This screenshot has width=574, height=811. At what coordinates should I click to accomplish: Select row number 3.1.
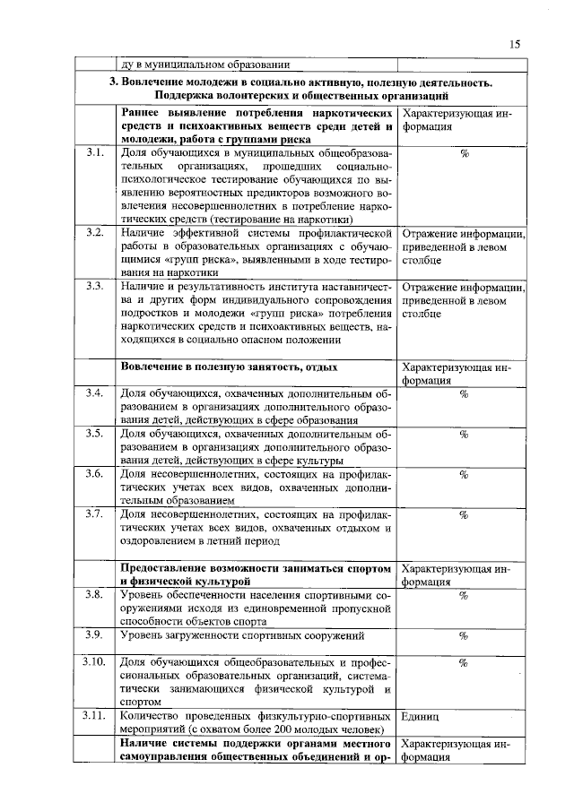(x=94, y=154)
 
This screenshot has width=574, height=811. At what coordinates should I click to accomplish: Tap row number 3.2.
(x=94, y=233)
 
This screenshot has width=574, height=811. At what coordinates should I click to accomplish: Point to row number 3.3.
(x=94, y=286)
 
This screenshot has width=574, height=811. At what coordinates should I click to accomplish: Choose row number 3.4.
(x=94, y=393)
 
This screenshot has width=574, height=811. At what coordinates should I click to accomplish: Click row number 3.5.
(x=94, y=434)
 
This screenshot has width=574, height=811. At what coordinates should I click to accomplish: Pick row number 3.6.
(x=94, y=474)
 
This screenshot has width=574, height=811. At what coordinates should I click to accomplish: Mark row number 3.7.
(x=94, y=514)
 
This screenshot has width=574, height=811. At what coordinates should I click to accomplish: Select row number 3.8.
(x=94, y=595)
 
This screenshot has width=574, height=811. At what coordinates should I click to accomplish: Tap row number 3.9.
(x=94, y=635)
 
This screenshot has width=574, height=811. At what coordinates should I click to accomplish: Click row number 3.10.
(x=94, y=662)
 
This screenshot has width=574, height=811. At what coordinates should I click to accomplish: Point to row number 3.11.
(x=94, y=716)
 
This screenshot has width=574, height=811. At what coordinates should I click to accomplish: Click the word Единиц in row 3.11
(x=422, y=717)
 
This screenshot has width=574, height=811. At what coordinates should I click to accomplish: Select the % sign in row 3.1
(x=464, y=154)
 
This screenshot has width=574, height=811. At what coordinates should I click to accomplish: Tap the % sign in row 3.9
(x=464, y=636)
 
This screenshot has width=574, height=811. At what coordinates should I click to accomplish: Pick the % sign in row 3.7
(x=464, y=515)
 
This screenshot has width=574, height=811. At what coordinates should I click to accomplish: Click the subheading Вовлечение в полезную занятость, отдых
(x=229, y=367)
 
